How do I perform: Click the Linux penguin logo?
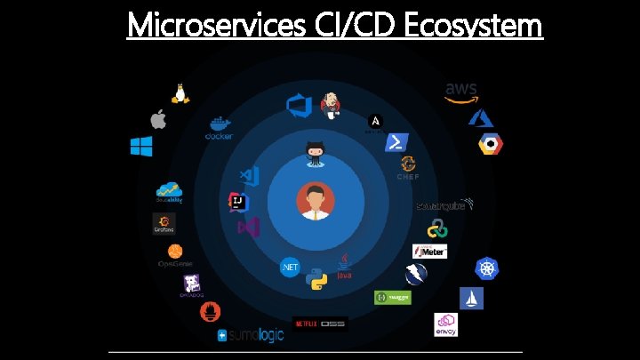[x=181, y=94]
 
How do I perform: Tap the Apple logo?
[x=159, y=119]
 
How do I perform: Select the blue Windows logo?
[x=141, y=146]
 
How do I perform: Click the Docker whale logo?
[x=220, y=128]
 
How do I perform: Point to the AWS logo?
[x=461, y=92]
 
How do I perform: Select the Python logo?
[x=316, y=278]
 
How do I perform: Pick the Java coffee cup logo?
[x=344, y=264]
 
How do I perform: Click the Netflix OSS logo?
[x=320, y=323]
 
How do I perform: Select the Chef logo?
[x=408, y=167]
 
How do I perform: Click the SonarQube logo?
[x=444, y=205]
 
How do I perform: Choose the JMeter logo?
[x=429, y=252]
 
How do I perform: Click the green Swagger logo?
[x=392, y=298]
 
